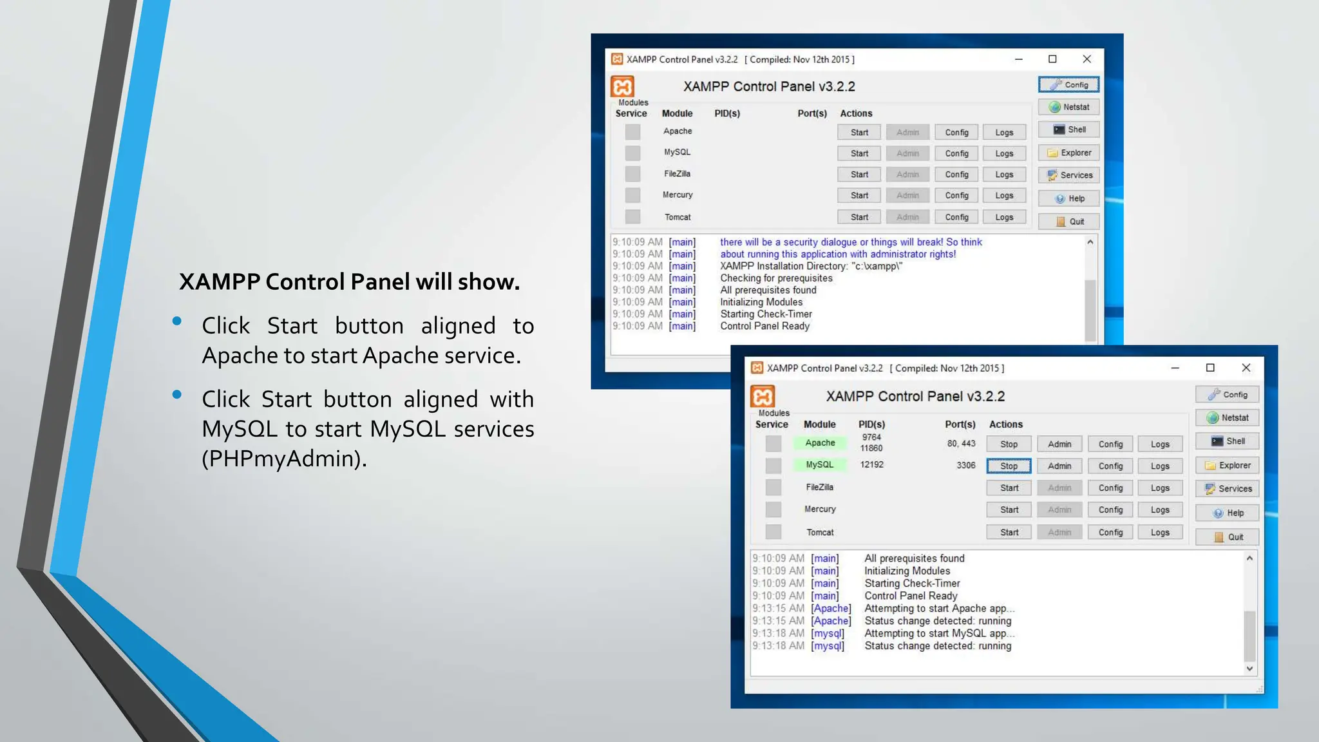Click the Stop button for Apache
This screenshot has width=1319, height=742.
click(1009, 444)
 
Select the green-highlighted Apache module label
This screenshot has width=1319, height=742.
click(820, 442)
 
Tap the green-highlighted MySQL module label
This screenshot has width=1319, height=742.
click(819, 464)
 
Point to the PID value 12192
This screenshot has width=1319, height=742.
click(871, 464)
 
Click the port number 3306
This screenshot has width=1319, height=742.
click(965, 465)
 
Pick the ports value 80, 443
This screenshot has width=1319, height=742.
click(961, 443)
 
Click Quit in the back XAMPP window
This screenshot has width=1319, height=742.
click(1069, 222)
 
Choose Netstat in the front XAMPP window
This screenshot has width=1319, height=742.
click(1228, 417)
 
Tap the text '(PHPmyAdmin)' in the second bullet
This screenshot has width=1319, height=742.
click(284, 459)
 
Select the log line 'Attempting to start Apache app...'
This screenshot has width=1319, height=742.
click(939, 608)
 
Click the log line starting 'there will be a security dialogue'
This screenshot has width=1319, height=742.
click(851, 242)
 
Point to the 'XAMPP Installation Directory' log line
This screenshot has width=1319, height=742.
click(811, 266)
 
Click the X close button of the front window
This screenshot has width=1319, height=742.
click(1246, 368)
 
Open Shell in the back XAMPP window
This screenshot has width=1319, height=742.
click(1069, 129)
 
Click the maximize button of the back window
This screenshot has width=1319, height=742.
click(1052, 59)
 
